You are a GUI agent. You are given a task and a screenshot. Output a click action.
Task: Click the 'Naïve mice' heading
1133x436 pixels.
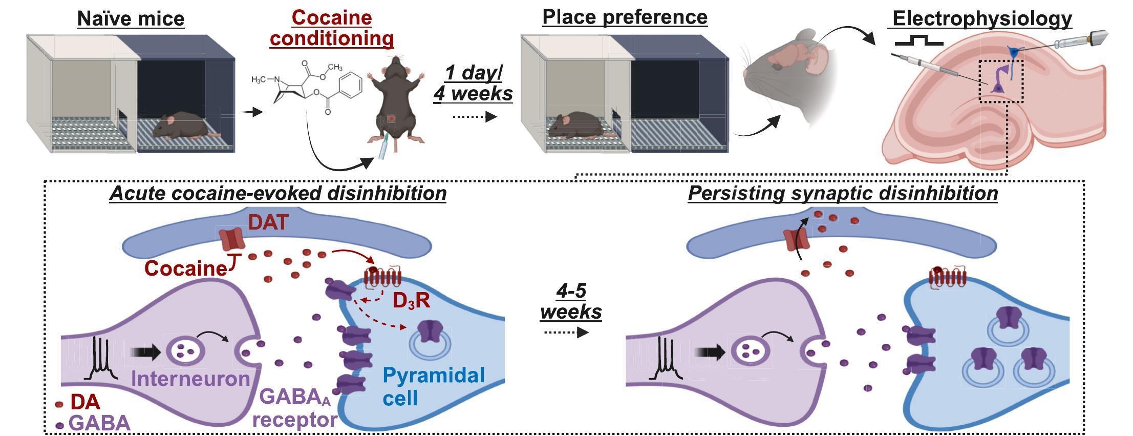point(131,19)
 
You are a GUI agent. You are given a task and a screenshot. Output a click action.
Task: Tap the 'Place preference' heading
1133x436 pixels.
point(625,17)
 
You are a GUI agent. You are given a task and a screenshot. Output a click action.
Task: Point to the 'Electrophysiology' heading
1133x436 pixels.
point(982,19)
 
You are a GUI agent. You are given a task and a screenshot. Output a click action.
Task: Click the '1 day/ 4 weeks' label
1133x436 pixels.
point(473,83)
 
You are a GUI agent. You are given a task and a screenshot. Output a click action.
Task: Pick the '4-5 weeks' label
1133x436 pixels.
point(571,301)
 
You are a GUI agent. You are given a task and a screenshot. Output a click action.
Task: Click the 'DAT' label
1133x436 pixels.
point(268,222)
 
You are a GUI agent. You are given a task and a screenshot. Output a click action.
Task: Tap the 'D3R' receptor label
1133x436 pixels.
point(411,301)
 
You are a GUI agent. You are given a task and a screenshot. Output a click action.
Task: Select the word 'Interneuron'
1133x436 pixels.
point(190,379)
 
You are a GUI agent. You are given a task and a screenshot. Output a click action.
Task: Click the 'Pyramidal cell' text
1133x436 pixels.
point(433,386)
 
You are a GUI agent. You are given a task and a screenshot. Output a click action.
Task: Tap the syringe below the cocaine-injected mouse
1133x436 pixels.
point(382,149)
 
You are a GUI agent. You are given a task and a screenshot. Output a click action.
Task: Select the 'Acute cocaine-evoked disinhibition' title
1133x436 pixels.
point(277,194)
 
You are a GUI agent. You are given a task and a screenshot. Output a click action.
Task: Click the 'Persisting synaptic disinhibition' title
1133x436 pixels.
point(843,193)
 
